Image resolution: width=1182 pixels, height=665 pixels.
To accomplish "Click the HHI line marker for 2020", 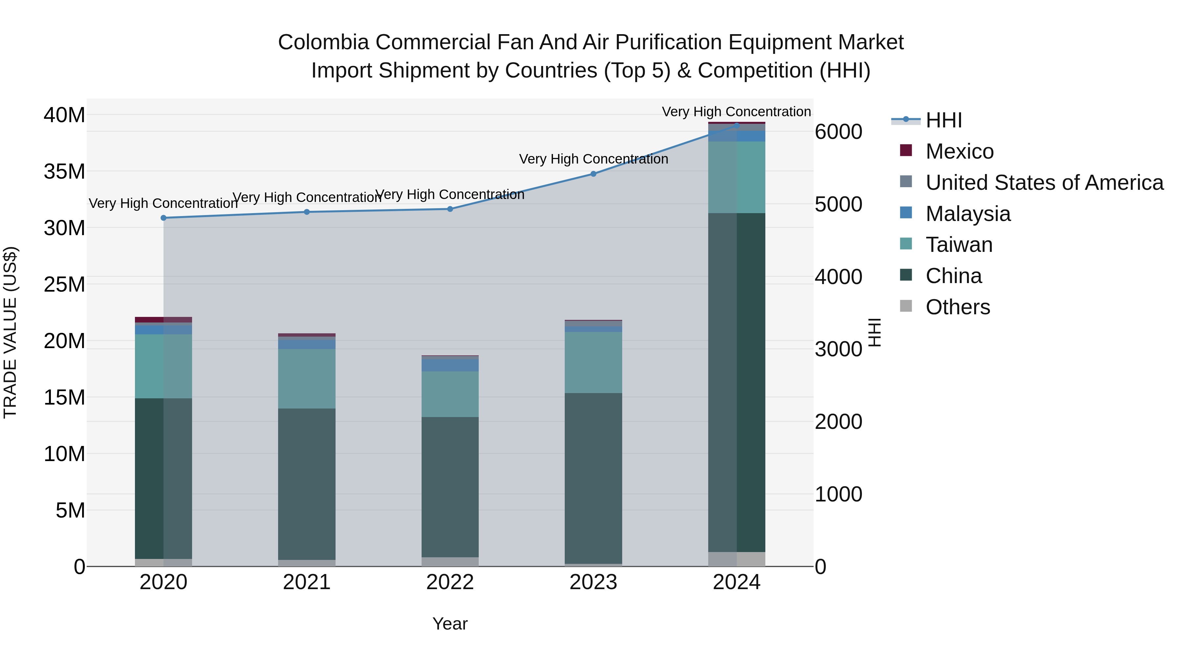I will [x=164, y=218].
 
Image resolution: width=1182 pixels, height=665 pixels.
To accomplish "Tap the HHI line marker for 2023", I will [x=593, y=174].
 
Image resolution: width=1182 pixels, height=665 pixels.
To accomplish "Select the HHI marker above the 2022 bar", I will [x=450, y=209].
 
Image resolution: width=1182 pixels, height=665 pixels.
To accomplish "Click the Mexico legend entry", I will [x=959, y=151].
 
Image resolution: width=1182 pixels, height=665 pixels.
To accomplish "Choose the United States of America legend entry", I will [x=1044, y=183].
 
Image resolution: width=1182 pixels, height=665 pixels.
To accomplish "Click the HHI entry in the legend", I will [x=943, y=120].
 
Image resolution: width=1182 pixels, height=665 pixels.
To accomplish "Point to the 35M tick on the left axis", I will [x=64, y=172].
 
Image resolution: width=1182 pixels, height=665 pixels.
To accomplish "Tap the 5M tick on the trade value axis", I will [x=70, y=510].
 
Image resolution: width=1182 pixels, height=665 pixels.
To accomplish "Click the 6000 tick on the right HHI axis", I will [x=838, y=132].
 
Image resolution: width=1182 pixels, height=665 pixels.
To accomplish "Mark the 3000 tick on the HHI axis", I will [x=838, y=349].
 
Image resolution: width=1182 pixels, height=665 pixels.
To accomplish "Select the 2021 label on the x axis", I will [x=307, y=582].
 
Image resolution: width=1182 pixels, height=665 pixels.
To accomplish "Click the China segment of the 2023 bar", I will [x=593, y=477].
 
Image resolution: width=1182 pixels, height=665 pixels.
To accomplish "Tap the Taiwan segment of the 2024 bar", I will [x=736, y=177].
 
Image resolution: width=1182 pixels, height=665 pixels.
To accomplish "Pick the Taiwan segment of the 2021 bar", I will [x=307, y=379].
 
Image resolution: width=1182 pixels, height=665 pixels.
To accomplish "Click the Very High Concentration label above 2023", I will [x=593, y=159].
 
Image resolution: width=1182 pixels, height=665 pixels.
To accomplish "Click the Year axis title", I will [x=450, y=624].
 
